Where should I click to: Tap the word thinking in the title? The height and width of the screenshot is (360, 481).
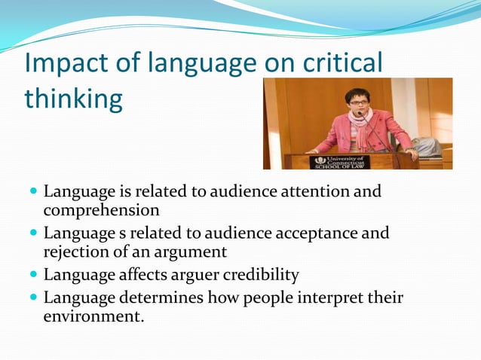click(x=73, y=99)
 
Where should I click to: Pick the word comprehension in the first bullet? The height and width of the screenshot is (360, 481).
click(x=101, y=211)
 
